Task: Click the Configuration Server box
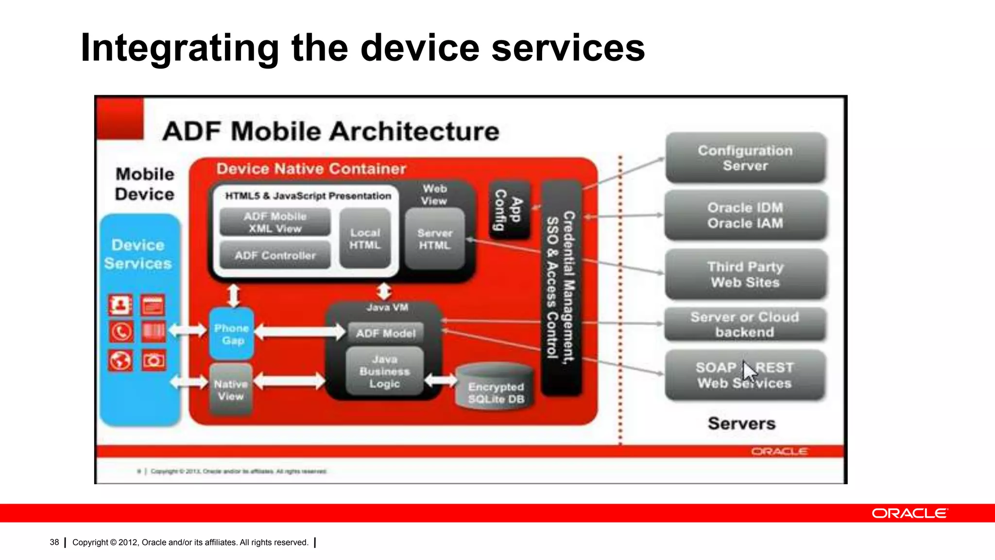[x=745, y=158]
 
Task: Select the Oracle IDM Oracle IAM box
[x=745, y=215]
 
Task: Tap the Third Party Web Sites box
[x=745, y=275]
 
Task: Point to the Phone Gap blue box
[x=232, y=334]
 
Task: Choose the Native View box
[x=231, y=390]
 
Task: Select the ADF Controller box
[x=275, y=255]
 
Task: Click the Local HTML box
[x=365, y=239]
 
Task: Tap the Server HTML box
[x=434, y=239]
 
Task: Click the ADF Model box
[x=386, y=333]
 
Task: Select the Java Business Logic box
[x=384, y=371]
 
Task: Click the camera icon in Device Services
[x=154, y=361]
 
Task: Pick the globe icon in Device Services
[x=120, y=361]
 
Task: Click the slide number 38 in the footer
[x=54, y=542]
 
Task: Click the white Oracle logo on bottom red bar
[x=909, y=513]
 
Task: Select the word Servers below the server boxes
[x=741, y=423]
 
